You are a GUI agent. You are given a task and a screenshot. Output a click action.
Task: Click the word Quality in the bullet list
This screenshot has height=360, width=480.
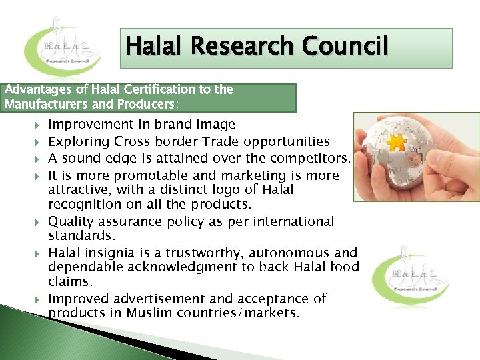71,221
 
